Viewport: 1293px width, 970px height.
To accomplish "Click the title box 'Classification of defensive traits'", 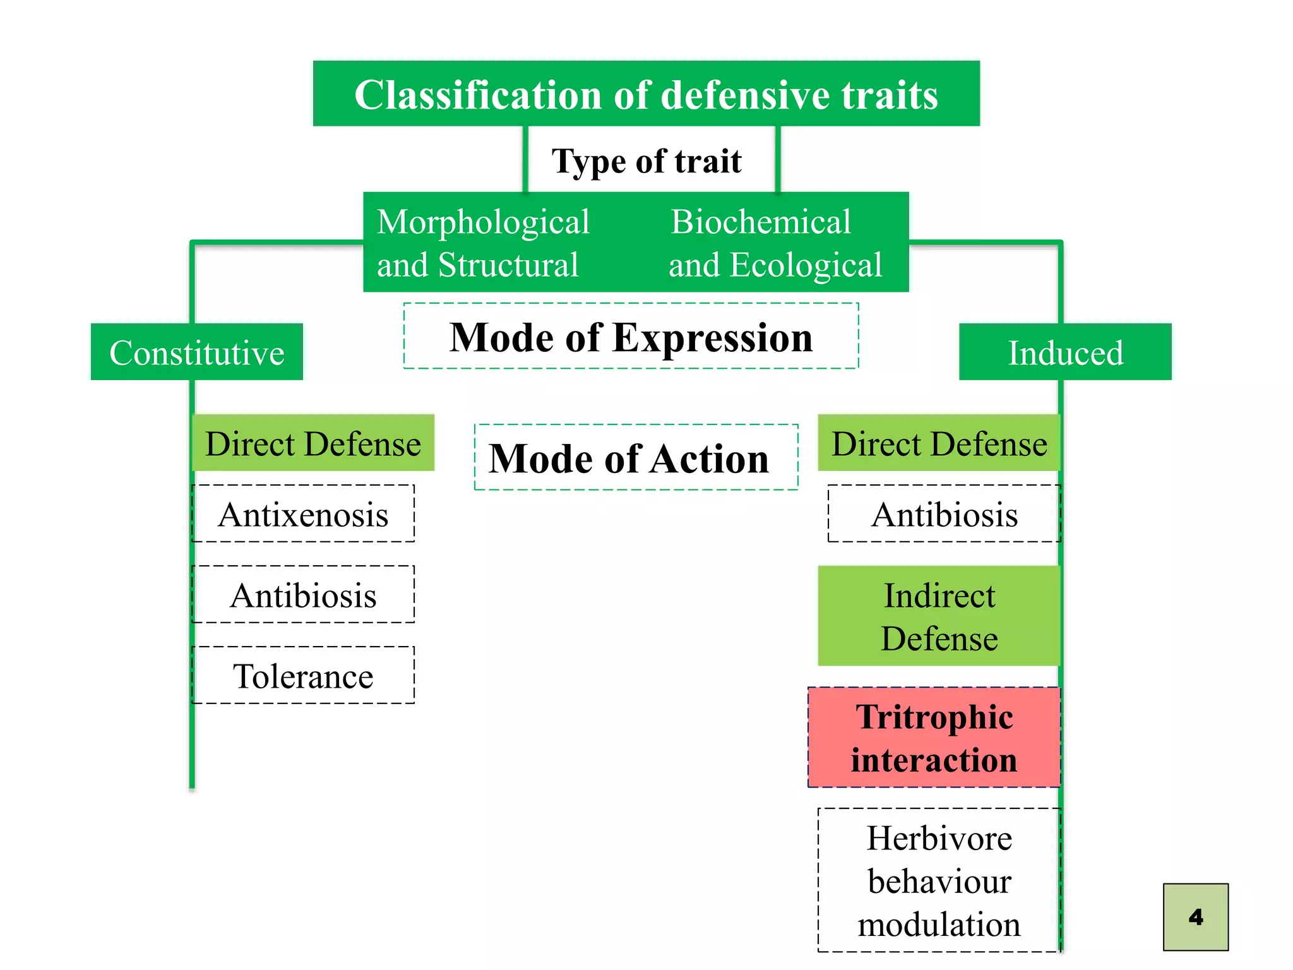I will (x=646, y=95).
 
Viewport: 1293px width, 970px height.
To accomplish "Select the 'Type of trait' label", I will (x=646, y=161).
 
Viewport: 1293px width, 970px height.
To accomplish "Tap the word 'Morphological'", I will (x=483, y=222).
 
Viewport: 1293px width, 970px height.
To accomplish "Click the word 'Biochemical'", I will (x=761, y=222).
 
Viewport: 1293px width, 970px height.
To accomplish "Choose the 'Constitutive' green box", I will (x=196, y=352).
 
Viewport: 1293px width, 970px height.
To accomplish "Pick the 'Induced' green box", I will (x=1065, y=352).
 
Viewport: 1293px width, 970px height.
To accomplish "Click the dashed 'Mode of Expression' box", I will (x=631, y=337).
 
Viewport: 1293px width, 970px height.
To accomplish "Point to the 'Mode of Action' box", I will (x=636, y=458).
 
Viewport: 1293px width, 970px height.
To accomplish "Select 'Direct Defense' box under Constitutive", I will (x=313, y=443).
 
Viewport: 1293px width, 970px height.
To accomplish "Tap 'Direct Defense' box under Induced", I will (x=939, y=443).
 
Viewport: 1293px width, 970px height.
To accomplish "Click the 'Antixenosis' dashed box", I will (x=303, y=514).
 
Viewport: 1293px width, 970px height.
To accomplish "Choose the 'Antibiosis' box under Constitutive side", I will (x=303, y=595).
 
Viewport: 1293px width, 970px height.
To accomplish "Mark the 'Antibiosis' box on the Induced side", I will (x=944, y=514).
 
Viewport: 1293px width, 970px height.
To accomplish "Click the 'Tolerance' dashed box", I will (x=303, y=676).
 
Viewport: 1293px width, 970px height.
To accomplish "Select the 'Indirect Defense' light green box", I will (x=939, y=616).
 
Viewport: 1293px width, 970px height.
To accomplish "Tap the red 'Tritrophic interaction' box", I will (x=934, y=738).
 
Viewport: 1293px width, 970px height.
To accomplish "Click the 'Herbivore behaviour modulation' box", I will (x=939, y=880).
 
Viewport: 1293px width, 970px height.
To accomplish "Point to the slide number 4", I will (x=1195, y=917).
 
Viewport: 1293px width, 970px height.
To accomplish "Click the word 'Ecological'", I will (x=806, y=265).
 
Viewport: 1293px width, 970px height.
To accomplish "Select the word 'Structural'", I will (x=508, y=265).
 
